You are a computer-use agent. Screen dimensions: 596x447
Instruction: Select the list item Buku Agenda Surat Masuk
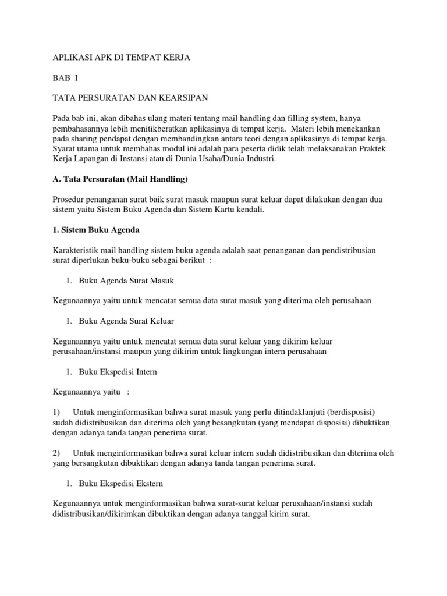click(x=126, y=281)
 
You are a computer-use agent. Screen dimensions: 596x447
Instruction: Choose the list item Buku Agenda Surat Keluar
click(x=126, y=321)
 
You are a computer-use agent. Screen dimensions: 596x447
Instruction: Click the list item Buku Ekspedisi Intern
click(x=118, y=371)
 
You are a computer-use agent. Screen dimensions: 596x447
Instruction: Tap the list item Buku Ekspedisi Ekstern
click(x=120, y=483)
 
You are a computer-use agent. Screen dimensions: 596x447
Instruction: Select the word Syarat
click(x=64, y=148)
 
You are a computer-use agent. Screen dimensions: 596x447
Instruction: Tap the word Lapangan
click(x=91, y=158)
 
